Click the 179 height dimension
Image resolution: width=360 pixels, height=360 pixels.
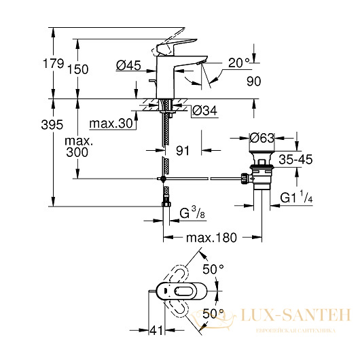(x=53, y=63)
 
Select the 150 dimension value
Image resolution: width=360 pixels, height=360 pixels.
(x=78, y=69)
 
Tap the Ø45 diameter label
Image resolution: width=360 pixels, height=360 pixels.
(x=128, y=65)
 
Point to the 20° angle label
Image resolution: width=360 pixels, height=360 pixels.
(x=239, y=62)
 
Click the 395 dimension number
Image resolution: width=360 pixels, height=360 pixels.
(x=52, y=125)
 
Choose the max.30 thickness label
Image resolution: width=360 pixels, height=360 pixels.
(x=111, y=124)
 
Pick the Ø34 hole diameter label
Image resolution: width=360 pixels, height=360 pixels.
(x=204, y=111)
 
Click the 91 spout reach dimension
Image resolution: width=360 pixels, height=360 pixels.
(x=183, y=151)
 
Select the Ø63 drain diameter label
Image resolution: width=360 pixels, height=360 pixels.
(x=262, y=138)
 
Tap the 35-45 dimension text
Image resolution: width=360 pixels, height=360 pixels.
(x=295, y=160)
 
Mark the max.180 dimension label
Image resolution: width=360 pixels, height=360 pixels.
(x=211, y=238)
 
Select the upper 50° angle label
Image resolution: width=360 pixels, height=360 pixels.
(x=213, y=269)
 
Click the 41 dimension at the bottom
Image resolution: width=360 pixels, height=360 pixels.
(x=156, y=331)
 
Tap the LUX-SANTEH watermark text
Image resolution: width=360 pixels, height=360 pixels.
(x=296, y=314)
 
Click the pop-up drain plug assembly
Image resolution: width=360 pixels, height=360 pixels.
(x=261, y=170)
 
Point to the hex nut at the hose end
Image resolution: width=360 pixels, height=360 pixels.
(x=166, y=204)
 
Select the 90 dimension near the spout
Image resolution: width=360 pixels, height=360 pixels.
(x=254, y=82)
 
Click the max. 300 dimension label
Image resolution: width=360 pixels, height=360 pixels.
(x=79, y=147)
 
